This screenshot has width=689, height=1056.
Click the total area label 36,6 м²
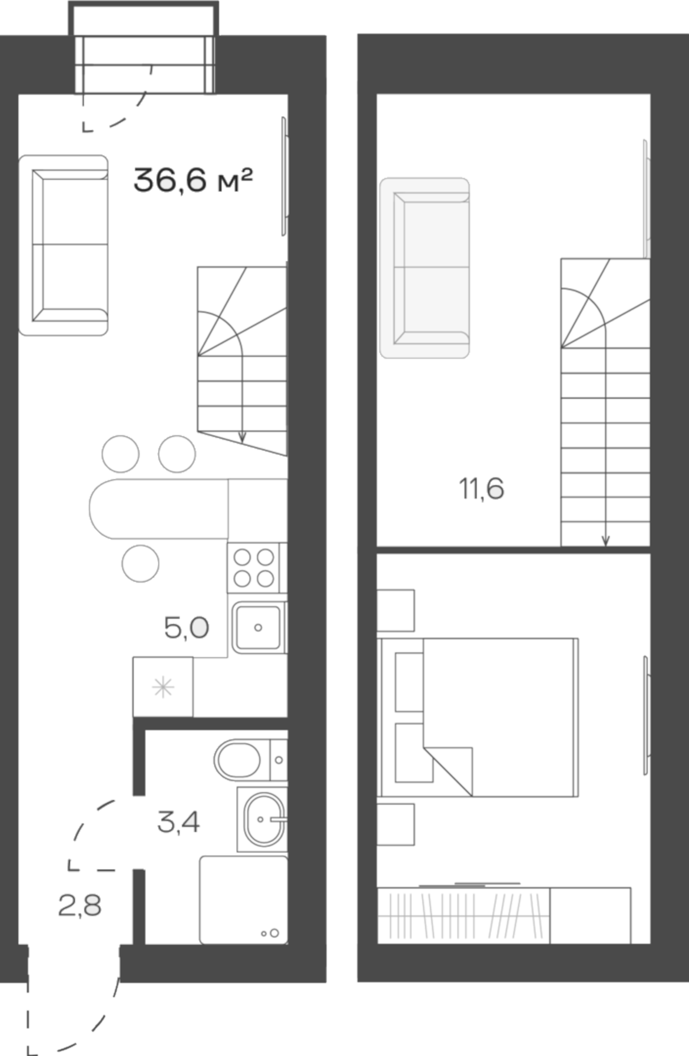pos(193,180)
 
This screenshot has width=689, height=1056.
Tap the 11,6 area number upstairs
pos(481,489)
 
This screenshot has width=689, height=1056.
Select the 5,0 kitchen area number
pos(187,628)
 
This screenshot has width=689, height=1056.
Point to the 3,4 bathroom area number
pos(178,821)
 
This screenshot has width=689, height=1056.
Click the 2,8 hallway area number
pos(80,905)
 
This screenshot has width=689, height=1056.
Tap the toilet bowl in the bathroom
pos(238,760)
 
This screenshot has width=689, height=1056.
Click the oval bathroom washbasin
pos(263,819)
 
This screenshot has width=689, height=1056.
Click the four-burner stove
pos(254,567)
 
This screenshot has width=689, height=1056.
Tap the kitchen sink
pos(257,628)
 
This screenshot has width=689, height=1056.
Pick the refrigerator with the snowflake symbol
pos(163,687)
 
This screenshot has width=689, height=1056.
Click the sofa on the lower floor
pos(63,245)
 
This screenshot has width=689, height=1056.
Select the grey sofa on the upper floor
pos(425,268)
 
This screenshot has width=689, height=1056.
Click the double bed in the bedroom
pos(489,717)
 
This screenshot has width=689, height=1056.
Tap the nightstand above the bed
pos(395,610)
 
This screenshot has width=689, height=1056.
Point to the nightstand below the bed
pos(395,824)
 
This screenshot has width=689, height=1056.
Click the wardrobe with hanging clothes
pos(463,915)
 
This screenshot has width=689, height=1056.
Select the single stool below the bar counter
pos(140,563)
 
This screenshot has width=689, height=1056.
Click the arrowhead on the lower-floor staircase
pos(242,437)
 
